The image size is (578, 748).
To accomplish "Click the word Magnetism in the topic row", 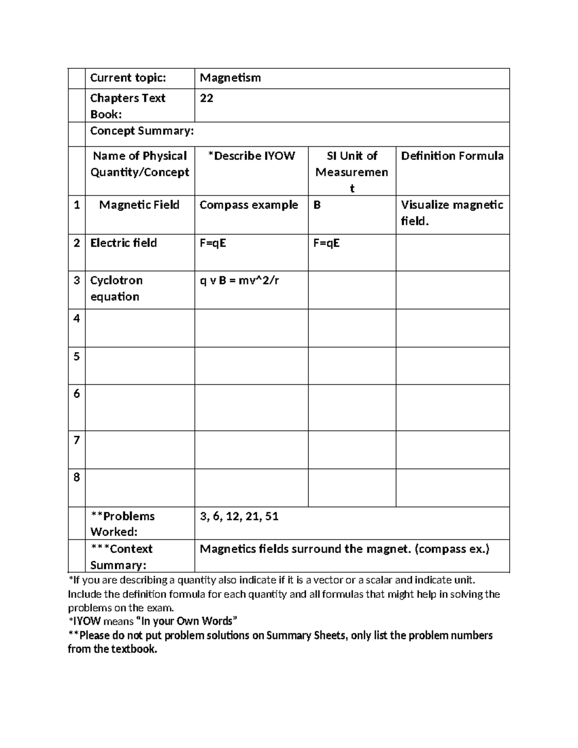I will click(x=230, y=78).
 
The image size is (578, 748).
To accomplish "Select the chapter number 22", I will click(x=207, y=98).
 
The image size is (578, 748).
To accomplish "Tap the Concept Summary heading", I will click(x=142, y=131).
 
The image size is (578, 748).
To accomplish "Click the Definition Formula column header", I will click(x=452, y=156).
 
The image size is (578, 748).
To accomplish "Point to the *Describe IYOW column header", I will click(x=251, y=156).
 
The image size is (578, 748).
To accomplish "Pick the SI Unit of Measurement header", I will click(x=352, y=171).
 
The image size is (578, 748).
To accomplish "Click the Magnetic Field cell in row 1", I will click(x=139, y=205).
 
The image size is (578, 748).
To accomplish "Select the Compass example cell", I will click(x=249, y=205).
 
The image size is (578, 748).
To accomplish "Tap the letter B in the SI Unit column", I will click(x=317, y=205).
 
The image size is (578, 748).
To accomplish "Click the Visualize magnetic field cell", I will click(x=452, y=213).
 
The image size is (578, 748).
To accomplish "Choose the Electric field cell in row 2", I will click(x=124, y=243).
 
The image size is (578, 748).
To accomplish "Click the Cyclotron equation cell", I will click(x=117, y=289).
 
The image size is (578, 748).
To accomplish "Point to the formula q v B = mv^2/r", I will click(x=239, y=280).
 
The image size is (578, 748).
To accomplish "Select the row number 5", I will click(x=77, y=356).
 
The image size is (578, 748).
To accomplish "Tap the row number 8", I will click(x=77, y=477).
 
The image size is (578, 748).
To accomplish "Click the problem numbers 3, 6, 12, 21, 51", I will click(x=239, y=517).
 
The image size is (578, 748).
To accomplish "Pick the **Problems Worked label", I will click(x=123, y=524).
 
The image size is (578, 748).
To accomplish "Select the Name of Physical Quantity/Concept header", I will click(x=140, y=164).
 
